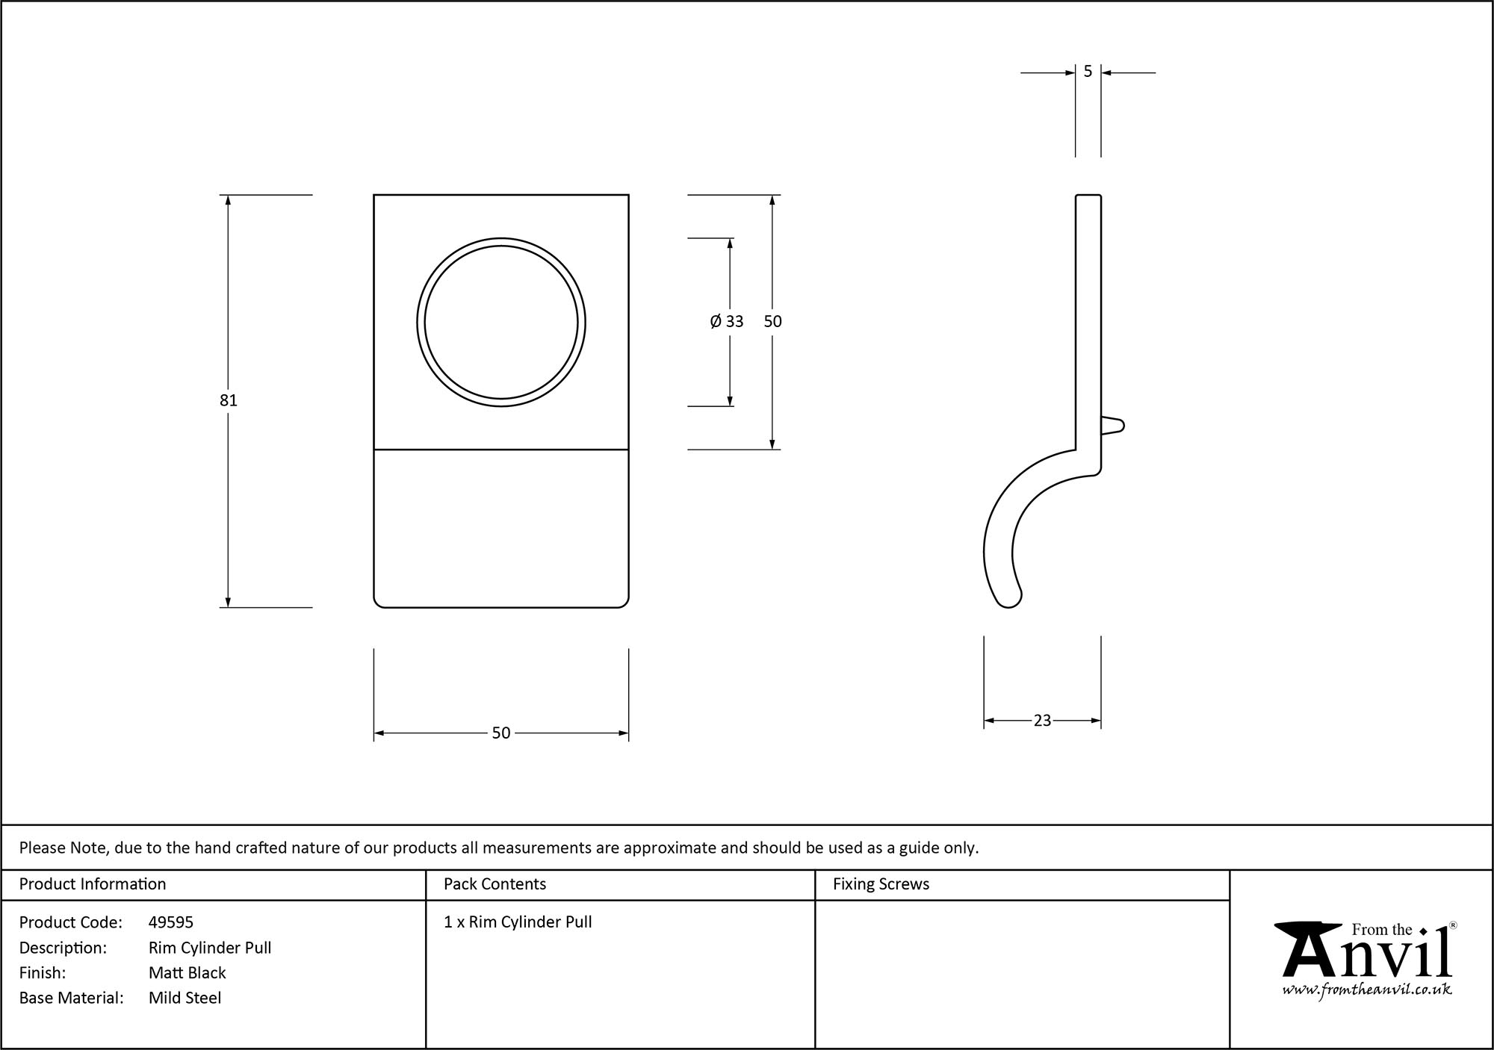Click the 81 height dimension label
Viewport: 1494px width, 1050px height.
[228, 400]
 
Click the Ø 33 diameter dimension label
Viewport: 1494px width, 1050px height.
[727, 321]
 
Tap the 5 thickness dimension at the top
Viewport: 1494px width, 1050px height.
[1088, 72]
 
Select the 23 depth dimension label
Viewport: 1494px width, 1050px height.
[1042, 721]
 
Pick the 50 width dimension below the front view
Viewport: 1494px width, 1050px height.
[500, 733]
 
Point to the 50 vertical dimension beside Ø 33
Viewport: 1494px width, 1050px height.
[772, 321]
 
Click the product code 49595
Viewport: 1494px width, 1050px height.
[171, 922]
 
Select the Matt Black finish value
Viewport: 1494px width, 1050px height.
[187, 972]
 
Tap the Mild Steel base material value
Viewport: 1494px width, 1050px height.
[185, 998]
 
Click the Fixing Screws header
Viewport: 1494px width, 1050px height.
[881, 884]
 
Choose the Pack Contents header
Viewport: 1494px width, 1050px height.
[495, 884]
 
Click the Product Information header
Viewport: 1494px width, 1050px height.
[93, 884]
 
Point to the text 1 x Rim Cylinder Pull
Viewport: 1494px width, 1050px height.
[518, 922]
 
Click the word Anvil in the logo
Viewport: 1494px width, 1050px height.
[1366, 955]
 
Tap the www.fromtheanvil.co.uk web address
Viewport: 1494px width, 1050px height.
[1367, 990]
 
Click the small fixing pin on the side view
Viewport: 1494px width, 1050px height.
[1114, 426]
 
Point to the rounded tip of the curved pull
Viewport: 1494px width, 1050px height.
[1009, 599]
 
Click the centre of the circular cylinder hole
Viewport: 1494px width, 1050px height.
[501, 323]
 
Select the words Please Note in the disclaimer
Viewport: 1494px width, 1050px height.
[64, 848]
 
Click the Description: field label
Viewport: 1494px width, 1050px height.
[63, 948]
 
